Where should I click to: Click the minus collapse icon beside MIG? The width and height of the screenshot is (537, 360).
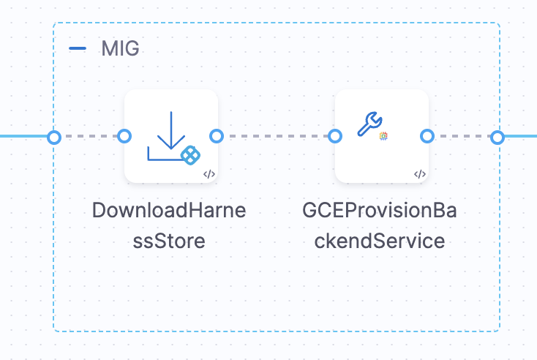pos(77,49)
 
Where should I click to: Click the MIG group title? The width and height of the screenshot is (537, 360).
pos(120,49)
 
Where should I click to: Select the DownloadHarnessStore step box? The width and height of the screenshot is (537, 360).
pos(170,136)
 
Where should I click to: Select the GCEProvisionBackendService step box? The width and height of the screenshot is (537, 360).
pos(381,136)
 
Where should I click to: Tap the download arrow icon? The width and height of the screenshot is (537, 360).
pos(169,136)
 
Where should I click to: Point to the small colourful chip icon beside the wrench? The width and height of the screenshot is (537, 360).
pos(383,136)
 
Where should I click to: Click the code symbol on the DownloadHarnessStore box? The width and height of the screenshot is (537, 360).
pos(209,174)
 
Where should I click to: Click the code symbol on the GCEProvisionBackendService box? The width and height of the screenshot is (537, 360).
pos(419,174)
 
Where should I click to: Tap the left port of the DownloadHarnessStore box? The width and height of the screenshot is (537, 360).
pos(124,136)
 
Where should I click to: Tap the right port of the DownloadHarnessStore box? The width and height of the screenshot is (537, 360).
pos(216,136)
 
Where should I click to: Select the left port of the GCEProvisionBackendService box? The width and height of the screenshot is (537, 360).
pos(335,136)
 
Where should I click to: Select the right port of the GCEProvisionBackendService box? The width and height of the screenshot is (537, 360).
pos(427,136)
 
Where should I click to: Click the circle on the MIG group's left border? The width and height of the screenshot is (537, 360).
pos(53,137)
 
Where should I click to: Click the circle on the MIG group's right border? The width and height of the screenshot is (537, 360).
pos(497,137)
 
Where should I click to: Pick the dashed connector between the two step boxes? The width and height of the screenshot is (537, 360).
pos(275,136)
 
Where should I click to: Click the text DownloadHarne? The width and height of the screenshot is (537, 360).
pos(169,211)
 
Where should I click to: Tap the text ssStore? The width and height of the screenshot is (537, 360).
pos(169,240)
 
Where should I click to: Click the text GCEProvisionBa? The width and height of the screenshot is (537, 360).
pos(380,211)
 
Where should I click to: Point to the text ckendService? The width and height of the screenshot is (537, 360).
pos(380,240)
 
